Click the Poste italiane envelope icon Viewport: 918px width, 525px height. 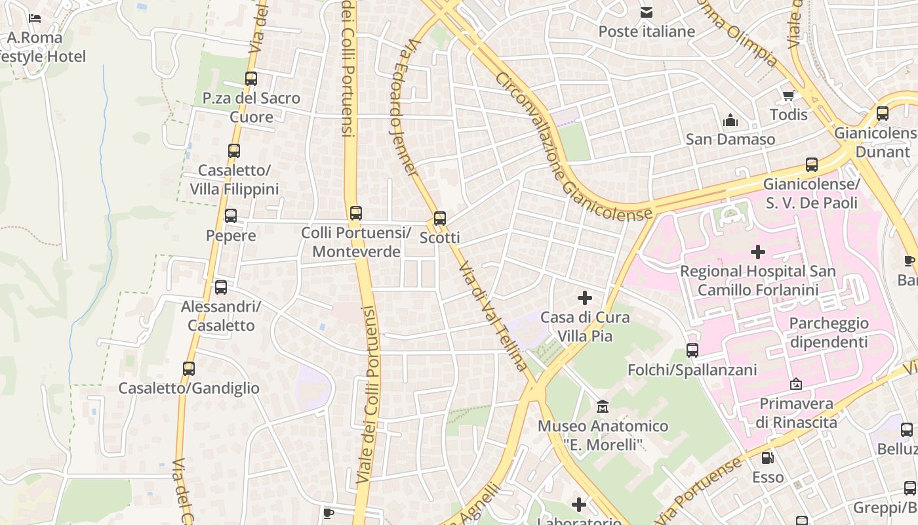tap(647, 12)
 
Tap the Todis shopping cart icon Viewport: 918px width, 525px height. tap(788, 96)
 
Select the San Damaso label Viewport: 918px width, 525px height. tap(730, 139)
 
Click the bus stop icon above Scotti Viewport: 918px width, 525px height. tap(440, 219)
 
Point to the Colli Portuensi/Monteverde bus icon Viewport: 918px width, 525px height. tap(355, 213)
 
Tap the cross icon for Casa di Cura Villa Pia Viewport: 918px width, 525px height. tap(584, 299)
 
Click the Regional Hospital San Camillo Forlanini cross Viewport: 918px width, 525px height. tap(758, 251)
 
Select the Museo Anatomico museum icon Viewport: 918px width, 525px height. tap(603, 407)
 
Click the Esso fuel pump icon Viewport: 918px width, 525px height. tap(767, 457)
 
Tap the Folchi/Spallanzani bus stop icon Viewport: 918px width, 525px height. tap(692, 350)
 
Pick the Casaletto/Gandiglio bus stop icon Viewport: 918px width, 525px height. tap(189, 369)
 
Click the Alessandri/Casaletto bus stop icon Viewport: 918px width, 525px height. tap(221, 287)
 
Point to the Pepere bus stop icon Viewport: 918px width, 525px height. tap(231, 216)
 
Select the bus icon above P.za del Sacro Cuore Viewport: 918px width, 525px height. tap(251, 79)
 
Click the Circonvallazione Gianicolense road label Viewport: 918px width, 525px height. tap(574, 146)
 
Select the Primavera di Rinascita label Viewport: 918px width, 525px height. tap(796, 412)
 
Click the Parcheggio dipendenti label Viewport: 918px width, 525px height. tap(829, 332)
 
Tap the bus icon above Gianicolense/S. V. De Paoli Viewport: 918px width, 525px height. tap(812, 165)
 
